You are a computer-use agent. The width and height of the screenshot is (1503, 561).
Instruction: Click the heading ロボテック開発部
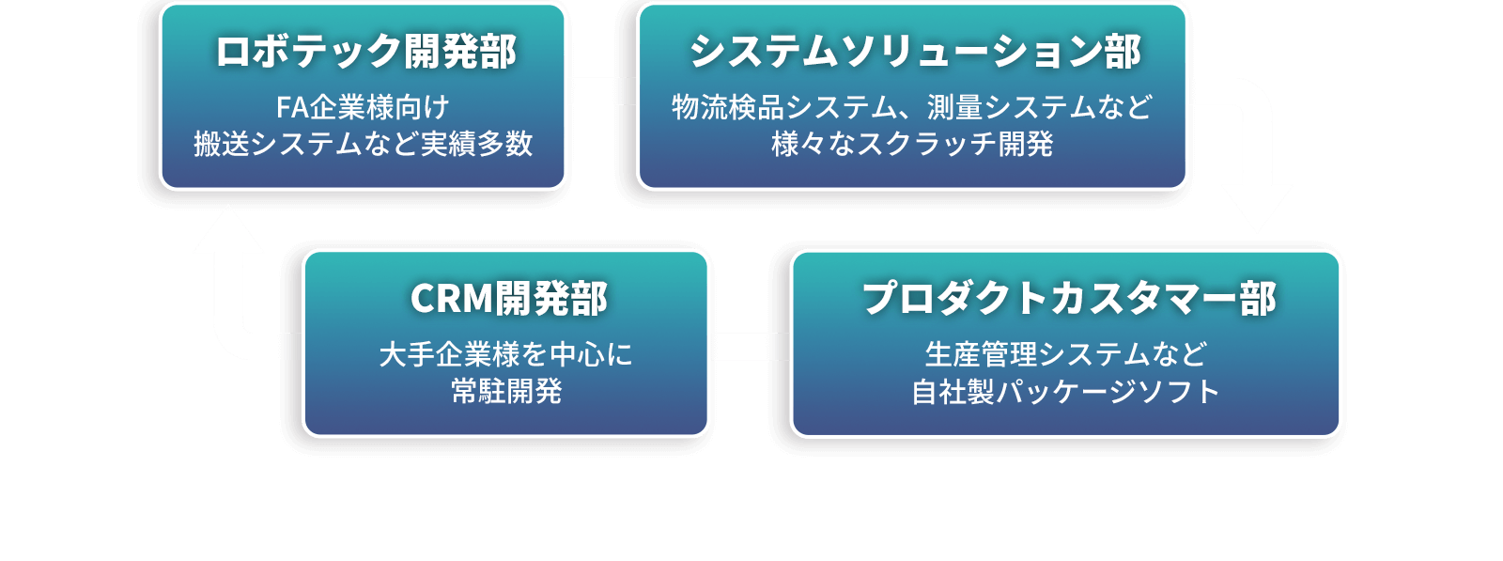point(364,53)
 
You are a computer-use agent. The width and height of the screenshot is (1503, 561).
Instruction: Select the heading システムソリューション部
point(914,53)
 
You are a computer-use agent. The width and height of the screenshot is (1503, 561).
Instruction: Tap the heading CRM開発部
point(508,299)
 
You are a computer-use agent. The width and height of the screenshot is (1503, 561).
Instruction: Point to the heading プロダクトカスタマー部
point(1068,299)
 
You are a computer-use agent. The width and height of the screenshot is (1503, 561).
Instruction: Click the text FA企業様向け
point(363,107)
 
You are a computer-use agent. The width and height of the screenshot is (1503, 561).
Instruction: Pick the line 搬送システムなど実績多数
point(364,144)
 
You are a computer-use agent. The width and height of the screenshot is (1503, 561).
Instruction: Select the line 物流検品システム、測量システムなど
point(911,107)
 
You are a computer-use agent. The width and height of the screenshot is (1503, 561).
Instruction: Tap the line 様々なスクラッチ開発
point(912,144)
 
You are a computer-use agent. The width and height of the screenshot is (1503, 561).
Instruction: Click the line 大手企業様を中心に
point(505,354)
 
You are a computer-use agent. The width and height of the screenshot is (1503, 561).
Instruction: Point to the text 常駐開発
point(506,391)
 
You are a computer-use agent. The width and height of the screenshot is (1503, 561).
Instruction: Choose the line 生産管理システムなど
point(1065,354)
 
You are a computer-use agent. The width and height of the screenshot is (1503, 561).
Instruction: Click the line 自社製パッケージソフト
point(1065,391)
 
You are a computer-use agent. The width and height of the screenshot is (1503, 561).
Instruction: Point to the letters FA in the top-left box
point(292,107)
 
